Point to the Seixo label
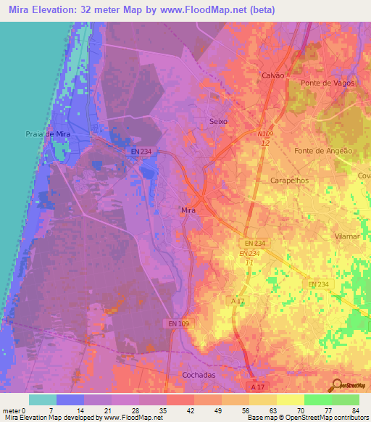click(218, 121)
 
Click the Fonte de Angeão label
click(324, 151)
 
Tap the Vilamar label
click(348, 237)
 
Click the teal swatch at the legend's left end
click(42, 400)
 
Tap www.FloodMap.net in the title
click(207, 10)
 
